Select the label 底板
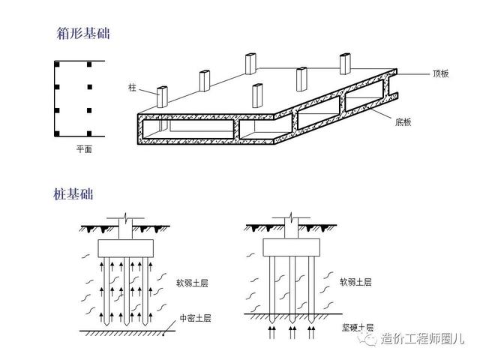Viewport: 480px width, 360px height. [405, 121]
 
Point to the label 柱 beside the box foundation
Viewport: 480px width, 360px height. [133, 88]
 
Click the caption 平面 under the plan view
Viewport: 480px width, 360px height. [83, 150]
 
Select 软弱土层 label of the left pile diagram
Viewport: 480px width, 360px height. [192, 283]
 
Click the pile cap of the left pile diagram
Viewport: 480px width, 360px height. [124, 247]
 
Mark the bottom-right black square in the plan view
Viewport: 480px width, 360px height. [88, 134]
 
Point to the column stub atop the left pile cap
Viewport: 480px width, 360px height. [124, 227]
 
